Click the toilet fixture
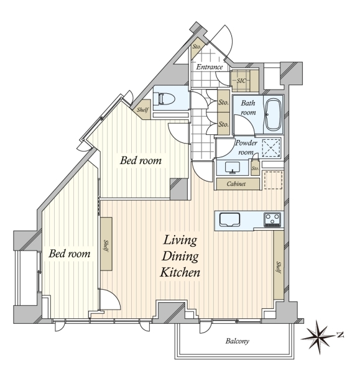pos(164,99)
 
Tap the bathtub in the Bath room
pos(274,114)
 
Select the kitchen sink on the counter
pos(229,219)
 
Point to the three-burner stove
pos(272,219)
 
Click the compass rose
pos(318,338)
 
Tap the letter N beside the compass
pos(341,335)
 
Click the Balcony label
pos(238,341)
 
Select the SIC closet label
pos(241,81)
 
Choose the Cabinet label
pos(236,184)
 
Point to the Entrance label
pos(210,67)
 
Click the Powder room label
pos(246,147)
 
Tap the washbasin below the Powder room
pos(232,167)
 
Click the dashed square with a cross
pos(270,148)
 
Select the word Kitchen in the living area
pos(180,272)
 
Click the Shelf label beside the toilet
pos(142,110)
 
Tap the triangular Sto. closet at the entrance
pos(196,48)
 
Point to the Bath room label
pos(248,108)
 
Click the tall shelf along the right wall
pos(278,265)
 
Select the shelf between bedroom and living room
pos(106,244)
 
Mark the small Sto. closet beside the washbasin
pos(255,168)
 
